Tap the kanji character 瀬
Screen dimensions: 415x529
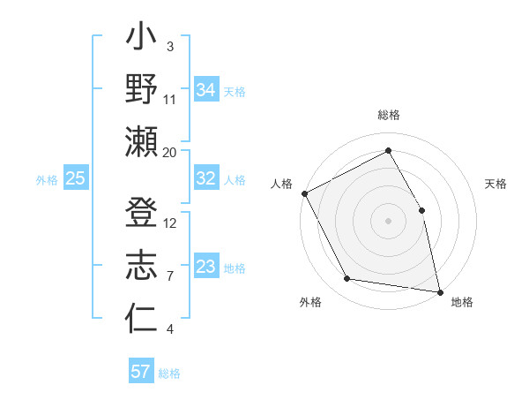142,141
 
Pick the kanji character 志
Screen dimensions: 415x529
142,265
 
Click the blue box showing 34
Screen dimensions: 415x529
205,89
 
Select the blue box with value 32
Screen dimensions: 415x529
205,178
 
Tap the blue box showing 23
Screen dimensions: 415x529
205,267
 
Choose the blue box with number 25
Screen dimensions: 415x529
75,178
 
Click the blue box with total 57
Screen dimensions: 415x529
141,372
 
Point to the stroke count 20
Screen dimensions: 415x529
170,152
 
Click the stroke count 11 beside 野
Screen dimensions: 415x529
170,99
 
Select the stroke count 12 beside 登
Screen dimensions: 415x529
170,223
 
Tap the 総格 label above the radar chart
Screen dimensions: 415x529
389,115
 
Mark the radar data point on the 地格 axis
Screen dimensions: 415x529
439,291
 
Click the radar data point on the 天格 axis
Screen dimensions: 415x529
421,210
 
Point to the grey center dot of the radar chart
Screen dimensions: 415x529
388,221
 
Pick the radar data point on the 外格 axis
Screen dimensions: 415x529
347,279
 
